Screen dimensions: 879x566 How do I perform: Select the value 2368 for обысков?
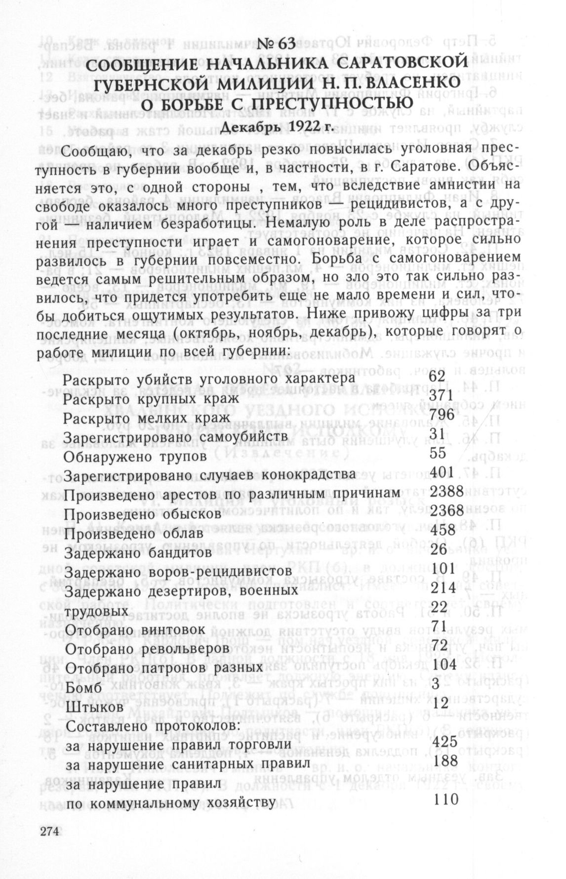point(446,510)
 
